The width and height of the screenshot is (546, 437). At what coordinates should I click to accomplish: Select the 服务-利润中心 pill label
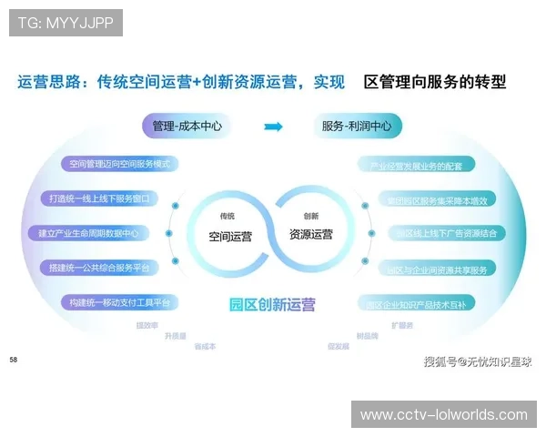pyautogui.click(x=357, y=126)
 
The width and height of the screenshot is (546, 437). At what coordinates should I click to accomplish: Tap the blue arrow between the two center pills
pyautogui.click(x=273, y=127)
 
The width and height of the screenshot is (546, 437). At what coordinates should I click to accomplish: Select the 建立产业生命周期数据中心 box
pyautogui.click(x=95, y=233)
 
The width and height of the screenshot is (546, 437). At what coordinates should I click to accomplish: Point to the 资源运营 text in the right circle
pyautogui.click(x=311, y=234)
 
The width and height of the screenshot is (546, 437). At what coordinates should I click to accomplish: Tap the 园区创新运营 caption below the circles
pyautogui.click(x=273, y=305)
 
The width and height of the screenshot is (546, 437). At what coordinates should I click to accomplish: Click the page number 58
pyautogui.click(x=14, y=360)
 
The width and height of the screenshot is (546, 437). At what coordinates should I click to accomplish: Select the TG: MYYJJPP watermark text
pyautogui.click(x=66, y=23)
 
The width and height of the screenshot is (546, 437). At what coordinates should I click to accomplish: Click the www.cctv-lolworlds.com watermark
pyautogui.click(x=444, y=415)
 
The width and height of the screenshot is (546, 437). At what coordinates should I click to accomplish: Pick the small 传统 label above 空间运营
pyautogui.click(x=227, y=216)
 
